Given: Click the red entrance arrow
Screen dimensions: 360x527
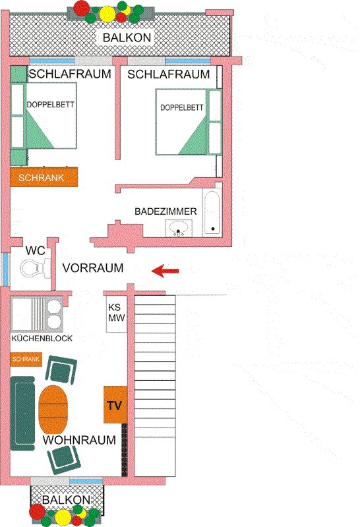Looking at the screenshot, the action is (165, 271).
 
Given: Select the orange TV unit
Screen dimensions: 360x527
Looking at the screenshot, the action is (115, 404).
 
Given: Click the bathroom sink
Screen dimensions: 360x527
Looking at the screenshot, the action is (179, 228).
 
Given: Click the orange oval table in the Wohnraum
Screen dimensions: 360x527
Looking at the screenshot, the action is (53, 409).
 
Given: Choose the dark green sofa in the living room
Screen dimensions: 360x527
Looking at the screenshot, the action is (22, 413).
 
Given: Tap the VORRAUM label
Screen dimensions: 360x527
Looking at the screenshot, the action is (93, 268).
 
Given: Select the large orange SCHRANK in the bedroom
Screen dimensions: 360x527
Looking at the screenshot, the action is (44, 177).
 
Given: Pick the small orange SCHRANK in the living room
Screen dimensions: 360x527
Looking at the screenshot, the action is (26, 359).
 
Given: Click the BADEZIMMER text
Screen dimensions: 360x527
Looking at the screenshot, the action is (165, 211).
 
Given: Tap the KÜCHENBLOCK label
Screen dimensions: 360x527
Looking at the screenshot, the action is (42, 338).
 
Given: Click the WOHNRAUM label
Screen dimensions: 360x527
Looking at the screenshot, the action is (79, 440).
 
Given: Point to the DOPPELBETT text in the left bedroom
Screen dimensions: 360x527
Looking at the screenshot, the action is (51, 105).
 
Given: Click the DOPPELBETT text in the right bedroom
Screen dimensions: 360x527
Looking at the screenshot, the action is (182, 107).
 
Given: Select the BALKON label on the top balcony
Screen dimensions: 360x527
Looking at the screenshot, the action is (127, 38).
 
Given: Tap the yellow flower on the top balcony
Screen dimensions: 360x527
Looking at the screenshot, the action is (107, 13).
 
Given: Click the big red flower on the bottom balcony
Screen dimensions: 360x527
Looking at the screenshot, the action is (38, 512).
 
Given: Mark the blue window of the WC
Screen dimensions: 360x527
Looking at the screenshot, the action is (5, 269).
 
